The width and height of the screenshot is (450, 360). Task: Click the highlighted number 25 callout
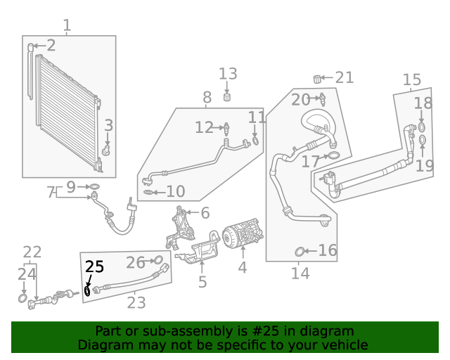94,266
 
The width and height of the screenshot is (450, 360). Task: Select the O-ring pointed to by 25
88,290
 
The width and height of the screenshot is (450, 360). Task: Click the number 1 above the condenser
67,26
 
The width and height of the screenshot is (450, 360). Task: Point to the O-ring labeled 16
300,251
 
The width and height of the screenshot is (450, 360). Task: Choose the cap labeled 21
317,77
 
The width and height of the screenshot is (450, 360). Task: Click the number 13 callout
228,74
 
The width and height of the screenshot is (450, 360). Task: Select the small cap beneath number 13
228,97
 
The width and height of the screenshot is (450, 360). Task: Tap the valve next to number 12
226,128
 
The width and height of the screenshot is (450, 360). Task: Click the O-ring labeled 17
334,155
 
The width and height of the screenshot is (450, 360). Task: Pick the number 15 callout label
411,80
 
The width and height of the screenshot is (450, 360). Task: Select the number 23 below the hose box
136,303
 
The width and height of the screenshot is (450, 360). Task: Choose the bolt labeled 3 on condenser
105,150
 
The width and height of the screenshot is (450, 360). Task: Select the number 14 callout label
300,274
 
